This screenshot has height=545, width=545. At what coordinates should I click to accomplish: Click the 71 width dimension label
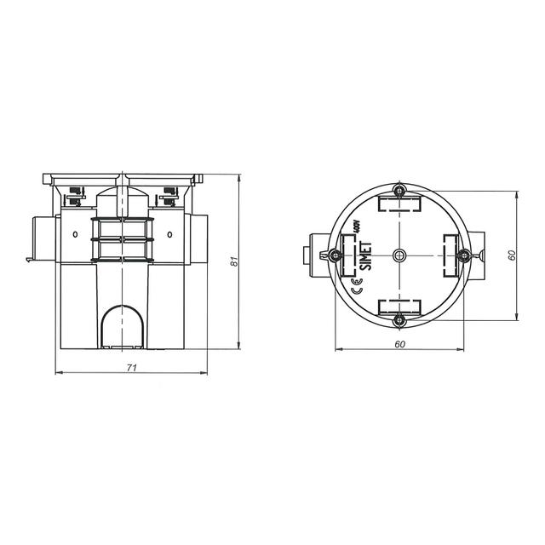[132, 367]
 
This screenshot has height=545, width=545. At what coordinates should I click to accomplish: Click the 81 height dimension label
[235, 261]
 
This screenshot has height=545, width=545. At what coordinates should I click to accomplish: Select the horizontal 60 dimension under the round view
[400, 344]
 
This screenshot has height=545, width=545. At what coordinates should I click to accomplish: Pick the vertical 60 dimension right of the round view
[512, 255]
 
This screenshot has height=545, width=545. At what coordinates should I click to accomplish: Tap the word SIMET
[365, 256]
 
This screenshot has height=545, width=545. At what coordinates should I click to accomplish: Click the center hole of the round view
[399, 255]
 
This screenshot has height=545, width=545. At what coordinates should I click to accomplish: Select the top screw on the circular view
[399, 191]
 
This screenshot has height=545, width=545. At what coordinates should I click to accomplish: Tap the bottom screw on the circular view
[399, 320]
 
